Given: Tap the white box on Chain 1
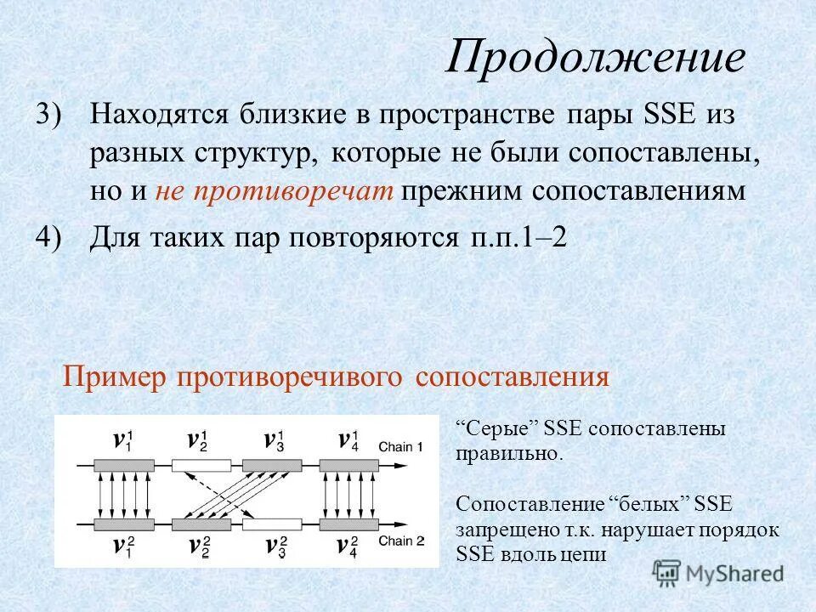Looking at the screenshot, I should click(201, 465).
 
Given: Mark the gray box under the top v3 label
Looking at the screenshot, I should click(272, 465).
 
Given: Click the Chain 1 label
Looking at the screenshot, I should click(400, 446).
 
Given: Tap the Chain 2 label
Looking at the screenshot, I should click(400, 541).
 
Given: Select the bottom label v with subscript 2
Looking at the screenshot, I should click(201, 545).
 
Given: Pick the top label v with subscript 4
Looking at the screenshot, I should click(348, 440).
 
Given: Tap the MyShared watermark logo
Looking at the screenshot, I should click(718, 573).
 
